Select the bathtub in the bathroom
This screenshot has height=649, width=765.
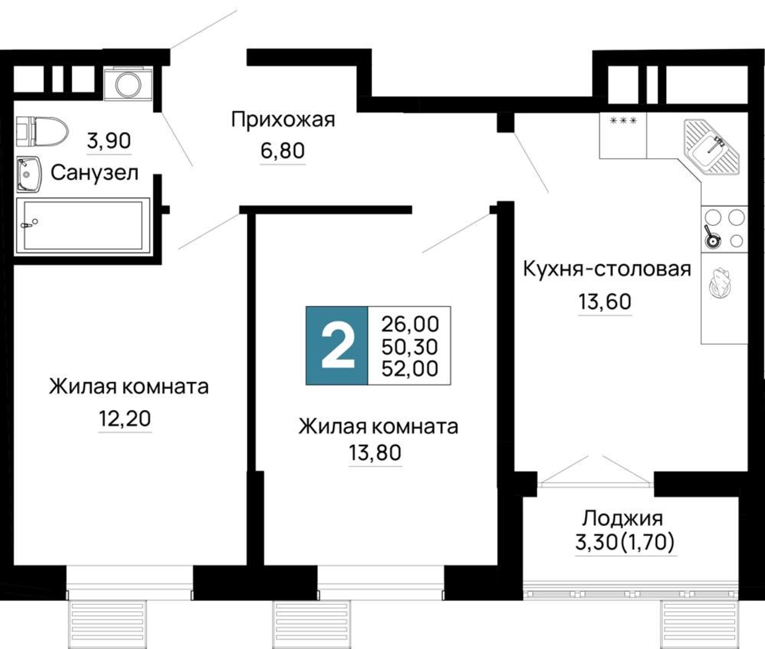tap(82, 225)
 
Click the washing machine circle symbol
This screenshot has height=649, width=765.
tap(128, 84)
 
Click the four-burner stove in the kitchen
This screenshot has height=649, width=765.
tap(724, 229)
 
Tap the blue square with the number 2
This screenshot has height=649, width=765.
tap(337, 346)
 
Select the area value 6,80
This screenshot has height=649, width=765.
tap(282, 150)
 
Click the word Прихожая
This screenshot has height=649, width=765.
tap(283, 120)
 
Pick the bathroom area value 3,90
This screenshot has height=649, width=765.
tap(109, 141)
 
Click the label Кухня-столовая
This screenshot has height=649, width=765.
tap(607, 269)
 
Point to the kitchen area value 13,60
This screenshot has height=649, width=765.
tap(604, 302)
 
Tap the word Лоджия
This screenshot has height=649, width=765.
tap(622, 519)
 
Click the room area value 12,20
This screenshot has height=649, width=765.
tap(125, 419)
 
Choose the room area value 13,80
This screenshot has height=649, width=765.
tap(375, 453)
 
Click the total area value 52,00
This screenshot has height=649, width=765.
tap(410, 369)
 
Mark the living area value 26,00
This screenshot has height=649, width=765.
tap(410, 324)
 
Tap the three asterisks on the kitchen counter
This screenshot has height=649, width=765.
tap(623, 121)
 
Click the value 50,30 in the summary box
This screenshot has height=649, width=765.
tap(410, 347)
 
